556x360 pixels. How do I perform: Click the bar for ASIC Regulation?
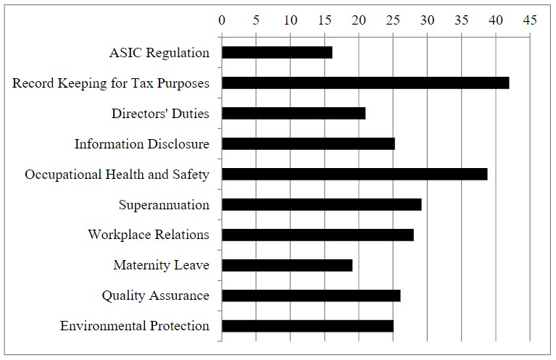coord(277,52)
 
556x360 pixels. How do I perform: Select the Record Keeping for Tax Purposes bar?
coord(365,83)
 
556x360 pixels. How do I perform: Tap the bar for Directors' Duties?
coord(294,113)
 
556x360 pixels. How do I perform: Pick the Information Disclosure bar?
coord(308,143)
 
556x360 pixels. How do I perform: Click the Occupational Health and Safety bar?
coord(354,174)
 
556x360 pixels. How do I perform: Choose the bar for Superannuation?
coord(321,204)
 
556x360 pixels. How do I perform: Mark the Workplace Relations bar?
coord(318,235)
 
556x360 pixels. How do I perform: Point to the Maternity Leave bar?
coord(287,265)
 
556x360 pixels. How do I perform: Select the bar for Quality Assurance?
coord(311,296)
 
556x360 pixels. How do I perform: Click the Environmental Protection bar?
coord(307,326)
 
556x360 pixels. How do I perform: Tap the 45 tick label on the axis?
coord(529,21)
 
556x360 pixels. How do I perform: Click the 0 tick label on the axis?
coord(222,21)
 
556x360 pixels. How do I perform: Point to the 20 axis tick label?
coord(358,21)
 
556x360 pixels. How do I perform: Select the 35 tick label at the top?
coord(461,21)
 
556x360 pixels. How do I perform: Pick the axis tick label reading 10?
coord(290,21)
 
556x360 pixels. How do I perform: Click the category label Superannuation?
coord(164,204)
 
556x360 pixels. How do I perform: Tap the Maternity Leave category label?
coord(161,265)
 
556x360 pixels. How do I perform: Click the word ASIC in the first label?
coord(125,53)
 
